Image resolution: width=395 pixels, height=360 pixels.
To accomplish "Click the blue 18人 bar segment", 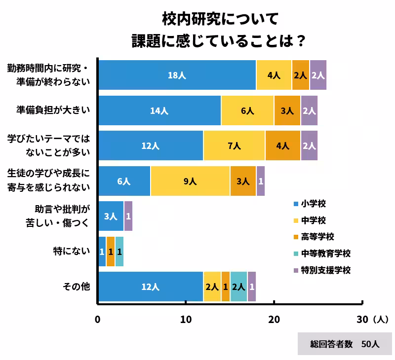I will (x=177, y=75).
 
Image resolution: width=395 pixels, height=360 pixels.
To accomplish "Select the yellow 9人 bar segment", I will (x=190, y=181).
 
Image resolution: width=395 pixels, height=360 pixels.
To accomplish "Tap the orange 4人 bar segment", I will (x=282, y=146).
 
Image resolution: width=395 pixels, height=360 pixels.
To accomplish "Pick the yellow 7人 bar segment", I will (x=234, y=146).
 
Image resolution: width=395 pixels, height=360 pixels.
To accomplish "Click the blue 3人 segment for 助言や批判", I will (x=111, y=216).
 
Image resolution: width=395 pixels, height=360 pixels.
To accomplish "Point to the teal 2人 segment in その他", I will (x=238, y=287).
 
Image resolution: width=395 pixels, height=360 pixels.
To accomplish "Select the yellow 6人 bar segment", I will (x=247, y=110).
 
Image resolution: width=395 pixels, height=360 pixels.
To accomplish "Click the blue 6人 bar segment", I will (x=124, y=181).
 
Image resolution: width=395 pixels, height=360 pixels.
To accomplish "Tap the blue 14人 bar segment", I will (x=159, y=110).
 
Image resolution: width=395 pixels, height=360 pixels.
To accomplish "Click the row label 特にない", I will (x=72, y=251).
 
